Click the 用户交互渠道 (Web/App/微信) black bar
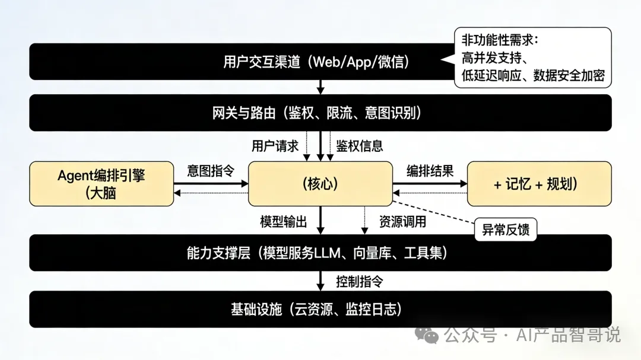click(237, 62)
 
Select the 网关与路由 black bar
click(320, 113)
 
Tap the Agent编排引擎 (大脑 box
click(101, 183)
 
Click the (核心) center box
click(320, 183)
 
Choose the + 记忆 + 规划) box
click(539, 183)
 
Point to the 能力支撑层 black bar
click(320, 253)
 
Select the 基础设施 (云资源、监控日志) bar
click(320, 309)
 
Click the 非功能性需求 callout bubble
click(532, 58)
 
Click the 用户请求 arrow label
click(275, 146)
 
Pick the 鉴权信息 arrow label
click(360, 146)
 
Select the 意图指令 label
click(211, 171)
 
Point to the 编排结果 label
click(430, 171)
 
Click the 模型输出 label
click(284, 222)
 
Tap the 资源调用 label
click(402, 222)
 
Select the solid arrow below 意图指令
click(211, 184)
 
